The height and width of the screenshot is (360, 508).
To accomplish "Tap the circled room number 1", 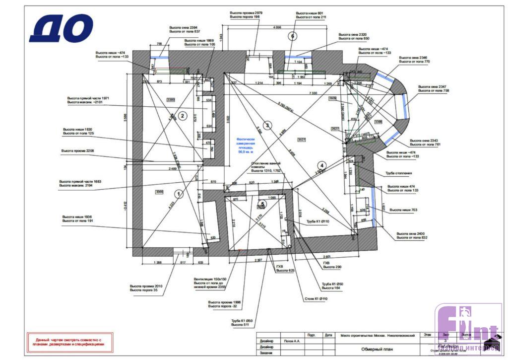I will click(x=179, y=193).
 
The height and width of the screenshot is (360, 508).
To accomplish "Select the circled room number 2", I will click(x=182, y=116).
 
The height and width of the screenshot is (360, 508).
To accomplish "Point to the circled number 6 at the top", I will click(x=293, y=36).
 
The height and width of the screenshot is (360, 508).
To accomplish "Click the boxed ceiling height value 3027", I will click(x=302, y=139).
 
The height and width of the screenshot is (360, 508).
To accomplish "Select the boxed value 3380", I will click(x=171, y=100).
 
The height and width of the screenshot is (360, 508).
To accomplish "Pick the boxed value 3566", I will click(x=160, y=191).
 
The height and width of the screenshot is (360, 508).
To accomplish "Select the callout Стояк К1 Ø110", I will click(x=316, y=298).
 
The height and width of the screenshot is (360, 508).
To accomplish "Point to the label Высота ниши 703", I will click(x=403, y=211).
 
